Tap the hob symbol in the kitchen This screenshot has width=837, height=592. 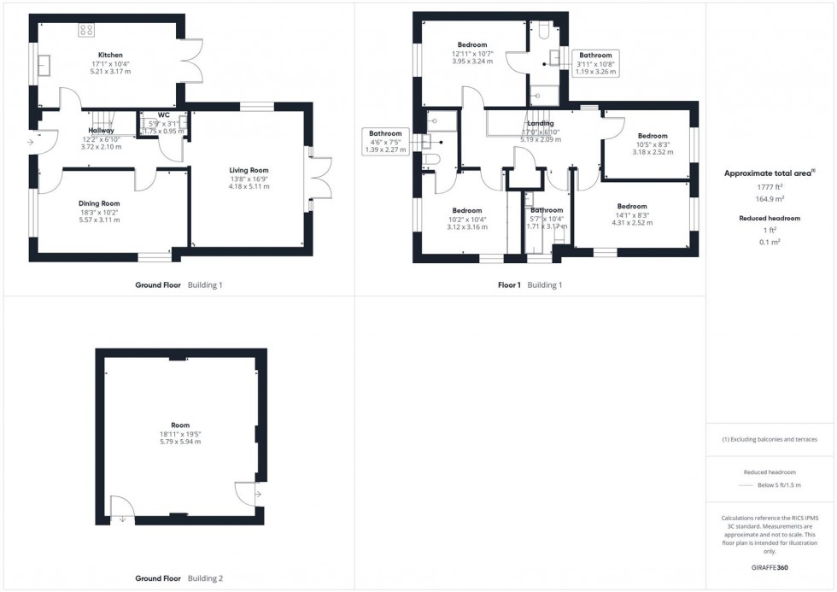coord(86,31)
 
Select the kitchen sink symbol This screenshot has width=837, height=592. coord(45,65)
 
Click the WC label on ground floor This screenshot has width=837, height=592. coord(164,114)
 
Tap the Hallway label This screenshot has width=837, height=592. coord(101,131)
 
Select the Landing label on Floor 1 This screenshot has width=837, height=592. coord(540,124)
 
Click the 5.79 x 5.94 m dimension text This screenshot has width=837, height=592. coord(180,442)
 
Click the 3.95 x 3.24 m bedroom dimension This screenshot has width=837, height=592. coord(472,62)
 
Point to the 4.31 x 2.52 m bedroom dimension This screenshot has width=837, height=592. coord(632,222)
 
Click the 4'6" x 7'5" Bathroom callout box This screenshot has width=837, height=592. coord(385,141)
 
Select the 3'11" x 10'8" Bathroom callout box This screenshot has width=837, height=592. coord(595,63)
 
